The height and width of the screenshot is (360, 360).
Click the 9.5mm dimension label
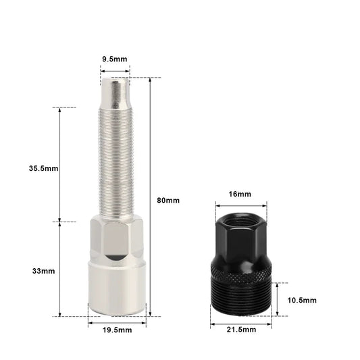(115, 59)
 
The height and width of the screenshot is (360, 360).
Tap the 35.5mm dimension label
(44, 168)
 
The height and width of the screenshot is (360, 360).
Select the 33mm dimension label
(44, 271)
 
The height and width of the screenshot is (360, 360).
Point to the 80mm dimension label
(168, 200)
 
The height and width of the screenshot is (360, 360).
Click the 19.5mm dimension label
(117, 330)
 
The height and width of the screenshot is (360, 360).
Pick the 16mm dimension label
(240, 195)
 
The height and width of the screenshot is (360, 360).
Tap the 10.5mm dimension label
(302, 301)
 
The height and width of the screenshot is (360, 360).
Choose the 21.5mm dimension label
(241, 330)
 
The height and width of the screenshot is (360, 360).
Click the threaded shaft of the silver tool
(116, 163)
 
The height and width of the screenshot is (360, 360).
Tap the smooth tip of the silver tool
(115, 93)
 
